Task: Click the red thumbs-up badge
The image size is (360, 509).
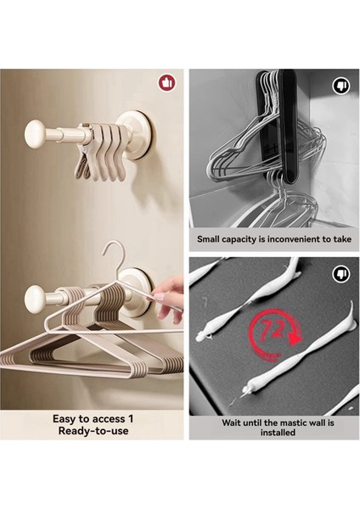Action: coord(166,83)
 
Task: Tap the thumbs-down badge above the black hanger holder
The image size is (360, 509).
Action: coord(340,87)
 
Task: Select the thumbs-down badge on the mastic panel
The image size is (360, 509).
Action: coord(340,274)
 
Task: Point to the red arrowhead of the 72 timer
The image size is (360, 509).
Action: coord(295,339)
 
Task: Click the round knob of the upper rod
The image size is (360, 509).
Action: coord(35,134)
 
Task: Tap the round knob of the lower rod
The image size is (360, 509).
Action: coord(35,299)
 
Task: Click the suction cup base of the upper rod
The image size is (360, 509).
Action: coord(137,135)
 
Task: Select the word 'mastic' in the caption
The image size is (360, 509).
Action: coord(295,422)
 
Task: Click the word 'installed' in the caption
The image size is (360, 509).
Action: coord(278,433)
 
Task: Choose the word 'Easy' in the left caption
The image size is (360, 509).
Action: coord(65,419)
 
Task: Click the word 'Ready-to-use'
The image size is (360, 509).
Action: coord(93,431)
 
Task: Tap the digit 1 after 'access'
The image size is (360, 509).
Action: coord(130,419)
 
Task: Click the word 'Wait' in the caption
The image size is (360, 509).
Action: coord(231,422)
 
